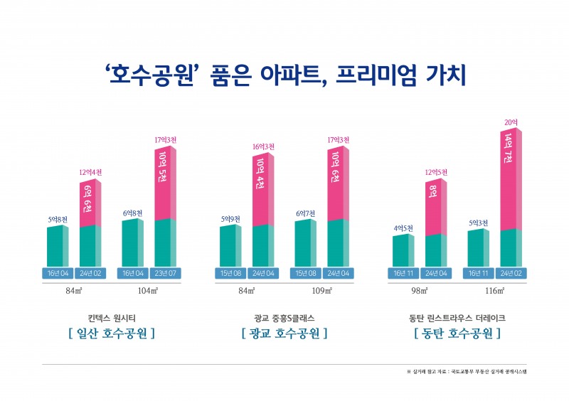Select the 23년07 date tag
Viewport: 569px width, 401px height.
[x=165, y=273]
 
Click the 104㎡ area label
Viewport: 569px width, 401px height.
[x=148, y=292]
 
